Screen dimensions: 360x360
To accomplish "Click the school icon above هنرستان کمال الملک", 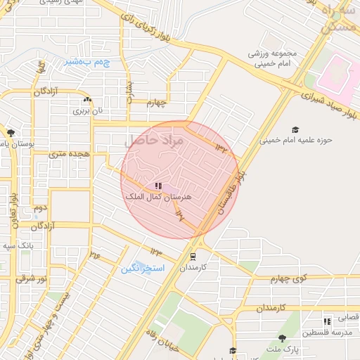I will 158,186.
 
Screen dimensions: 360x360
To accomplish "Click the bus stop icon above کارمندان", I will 193,257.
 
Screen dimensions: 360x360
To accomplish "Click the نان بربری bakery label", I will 89,110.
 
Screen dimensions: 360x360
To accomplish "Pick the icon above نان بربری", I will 87,100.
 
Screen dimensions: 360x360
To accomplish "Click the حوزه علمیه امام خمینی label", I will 296,140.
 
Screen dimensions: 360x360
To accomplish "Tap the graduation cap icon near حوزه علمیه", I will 295,129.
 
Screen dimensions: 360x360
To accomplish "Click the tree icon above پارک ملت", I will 282,338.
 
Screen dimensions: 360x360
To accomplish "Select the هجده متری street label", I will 67,153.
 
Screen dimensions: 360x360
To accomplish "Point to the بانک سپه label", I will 18,246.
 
